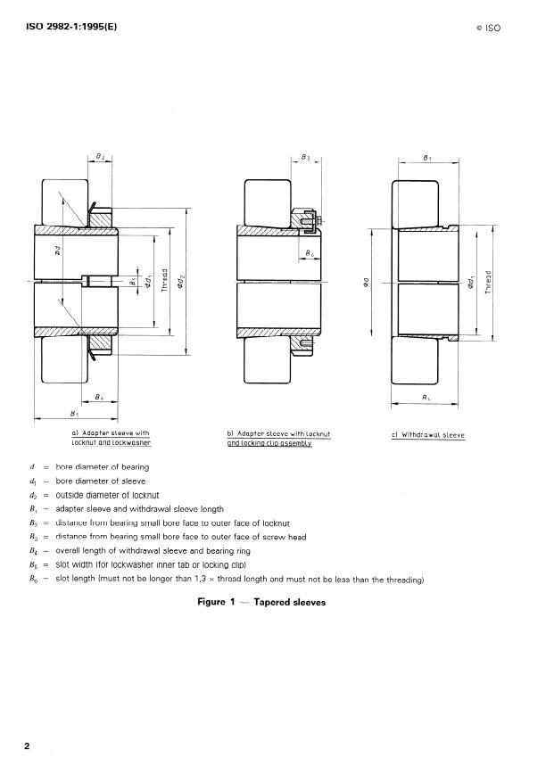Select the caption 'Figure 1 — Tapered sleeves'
pos(261,602)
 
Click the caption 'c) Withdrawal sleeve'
pos(428,435)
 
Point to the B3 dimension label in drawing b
pos(305,157)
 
